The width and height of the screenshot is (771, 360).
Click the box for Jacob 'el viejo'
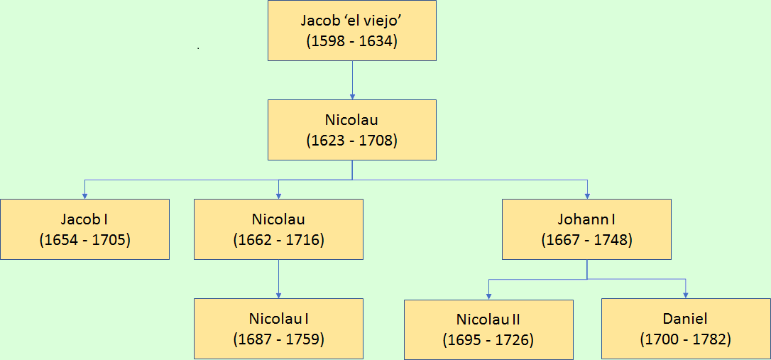(352, 31)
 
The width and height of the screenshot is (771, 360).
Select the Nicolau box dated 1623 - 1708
(352, 130)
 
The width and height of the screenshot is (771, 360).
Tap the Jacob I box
(84, 229)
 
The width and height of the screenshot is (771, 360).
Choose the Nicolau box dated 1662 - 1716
(278, 229)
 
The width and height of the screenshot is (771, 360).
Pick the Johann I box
(586, 229)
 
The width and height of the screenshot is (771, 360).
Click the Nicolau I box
(278, 328)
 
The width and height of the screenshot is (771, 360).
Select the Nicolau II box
(488, 329)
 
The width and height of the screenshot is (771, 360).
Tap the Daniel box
(685, 329)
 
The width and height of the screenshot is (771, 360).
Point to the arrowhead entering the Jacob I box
(84, 195)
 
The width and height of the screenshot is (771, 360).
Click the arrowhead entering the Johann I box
(587, 195)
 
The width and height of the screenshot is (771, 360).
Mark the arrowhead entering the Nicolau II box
(488, 295)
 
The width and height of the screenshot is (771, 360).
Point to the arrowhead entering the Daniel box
(686, 294)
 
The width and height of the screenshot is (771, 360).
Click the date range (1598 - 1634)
(352, 40)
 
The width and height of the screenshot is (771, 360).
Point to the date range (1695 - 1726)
(488, 340)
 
